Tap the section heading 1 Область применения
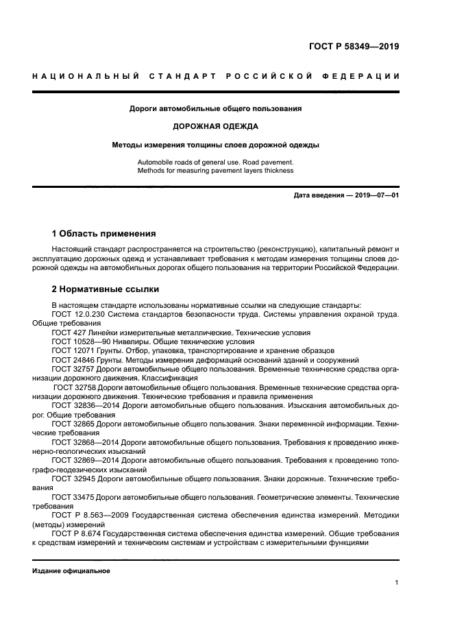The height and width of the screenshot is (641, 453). pos(104,234)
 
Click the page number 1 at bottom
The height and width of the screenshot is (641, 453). pos(397,583)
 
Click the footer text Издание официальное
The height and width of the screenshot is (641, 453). pos(71,570)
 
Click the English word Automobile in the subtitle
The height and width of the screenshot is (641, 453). pos(155,162)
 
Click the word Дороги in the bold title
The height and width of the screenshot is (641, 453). pos(143,108)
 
